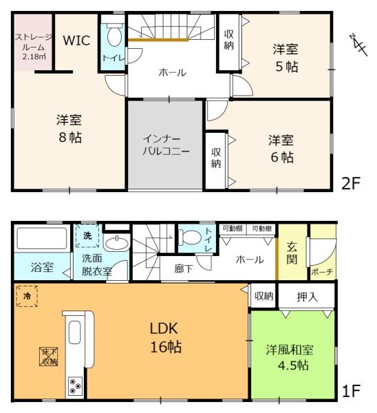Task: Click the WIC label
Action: coord(76,41)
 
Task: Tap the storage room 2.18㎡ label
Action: coord(33,47)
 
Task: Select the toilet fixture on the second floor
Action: coord(114,34)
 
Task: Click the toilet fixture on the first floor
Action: coord(190,237)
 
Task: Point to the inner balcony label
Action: coord(166,145)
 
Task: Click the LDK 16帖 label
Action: coord(166,338)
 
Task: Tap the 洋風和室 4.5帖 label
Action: coord(290,358)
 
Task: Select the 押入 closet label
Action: coord(307,297)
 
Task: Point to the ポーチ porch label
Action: coord(322,272)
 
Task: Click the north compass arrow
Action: coord(358,45)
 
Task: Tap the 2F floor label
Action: coord(350,183)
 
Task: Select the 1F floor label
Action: coord(351,391)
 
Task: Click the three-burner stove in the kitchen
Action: coord(75,386)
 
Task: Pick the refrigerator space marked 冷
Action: coord(27,296)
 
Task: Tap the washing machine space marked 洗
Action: coord(87,235)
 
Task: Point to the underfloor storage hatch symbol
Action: coord(48,357)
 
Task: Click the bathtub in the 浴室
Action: coord(42,238)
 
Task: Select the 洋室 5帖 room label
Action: coord(286,59)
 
